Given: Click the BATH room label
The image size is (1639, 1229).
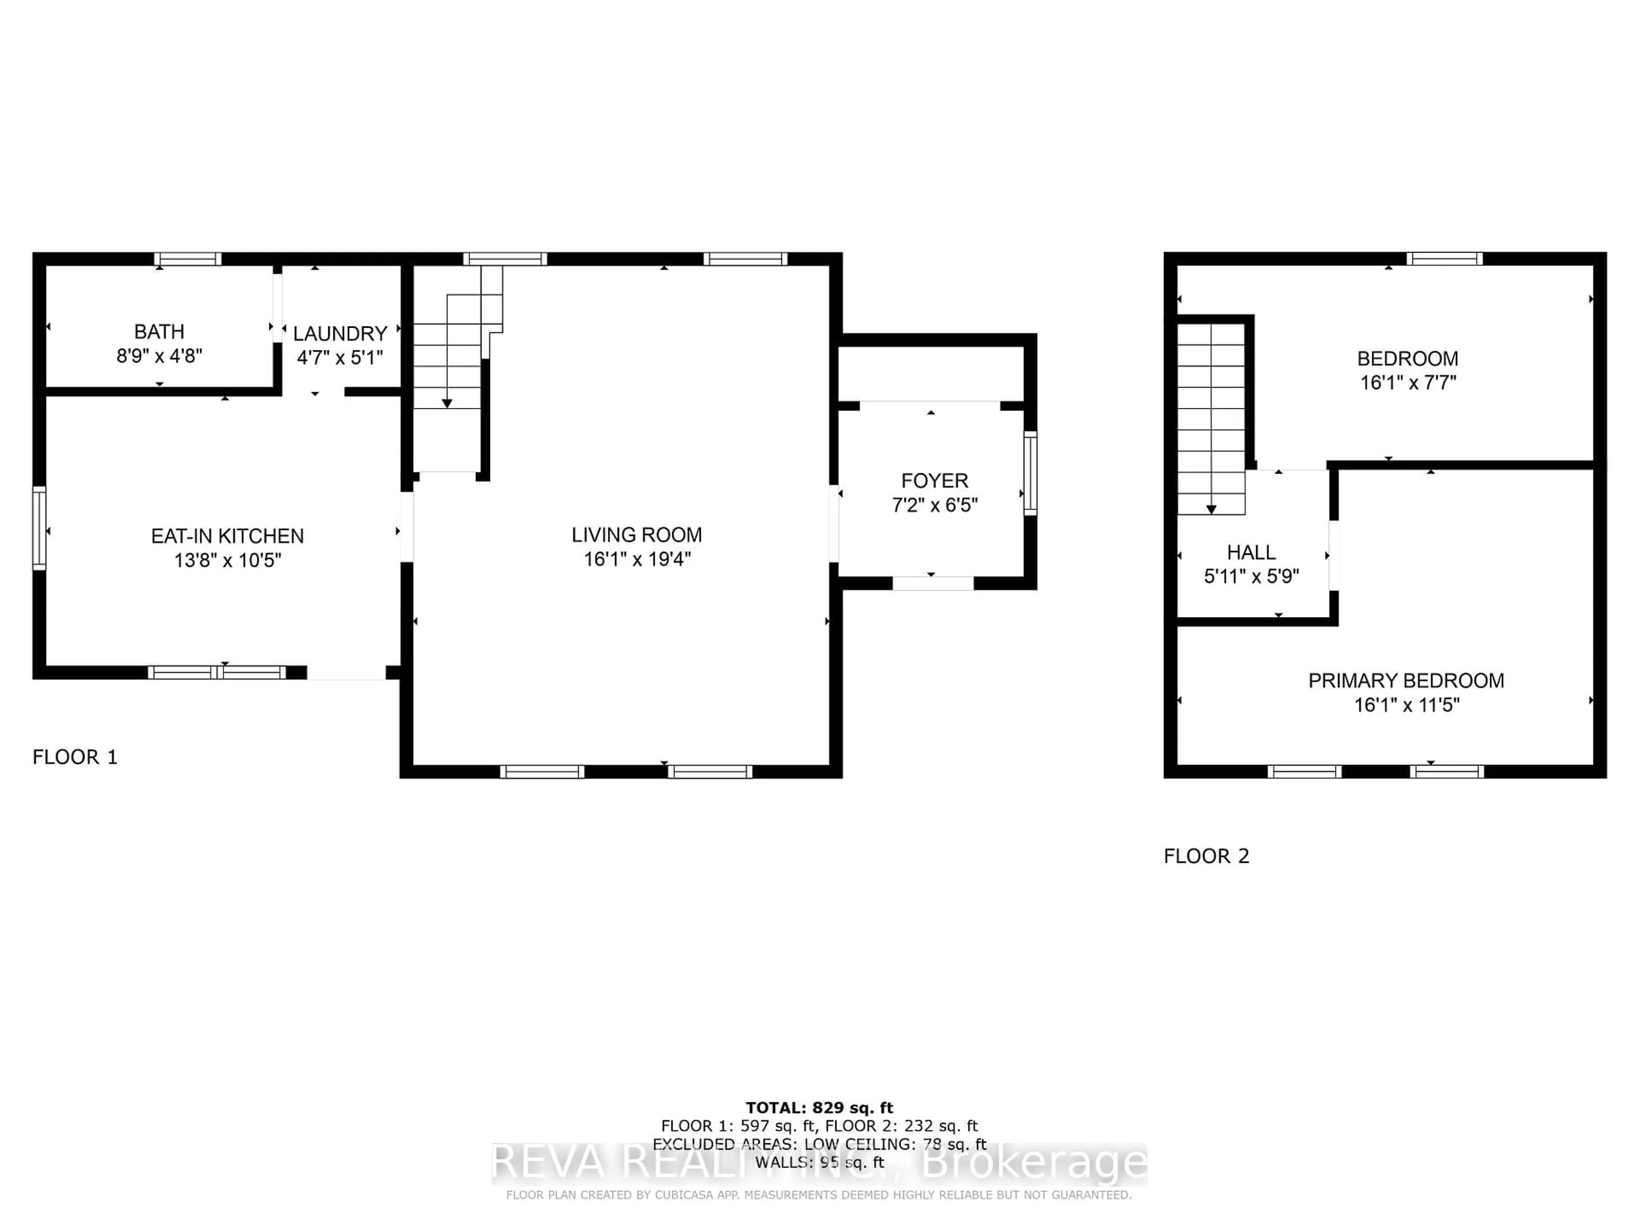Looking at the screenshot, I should click(159, 332).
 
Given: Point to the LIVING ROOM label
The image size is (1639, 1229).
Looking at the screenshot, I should click(636, 535).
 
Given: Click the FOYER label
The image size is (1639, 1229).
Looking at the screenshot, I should click(934, 481).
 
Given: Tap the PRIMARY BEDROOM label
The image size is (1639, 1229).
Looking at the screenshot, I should click(1406, 681).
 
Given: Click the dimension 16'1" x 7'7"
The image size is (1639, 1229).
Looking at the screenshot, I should click(1408, 383).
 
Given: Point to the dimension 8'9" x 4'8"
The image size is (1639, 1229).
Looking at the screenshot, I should click(159, 356).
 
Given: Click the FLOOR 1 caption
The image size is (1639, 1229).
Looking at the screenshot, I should click(75, 757).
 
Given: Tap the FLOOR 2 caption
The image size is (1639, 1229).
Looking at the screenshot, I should click(1206, 856).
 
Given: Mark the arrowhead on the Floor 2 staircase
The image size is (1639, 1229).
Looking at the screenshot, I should click(1211, 510).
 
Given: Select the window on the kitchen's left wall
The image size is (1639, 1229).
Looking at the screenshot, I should click(39, 528).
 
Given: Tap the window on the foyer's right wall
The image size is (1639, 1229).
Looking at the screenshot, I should click(1030, 473).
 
